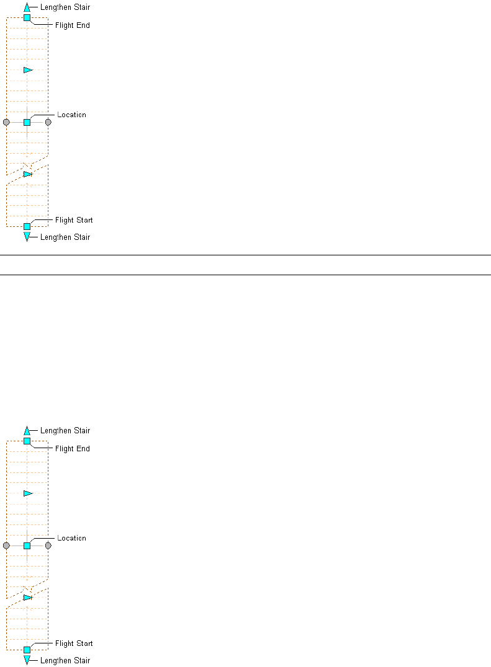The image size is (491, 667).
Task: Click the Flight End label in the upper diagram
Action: pyautogui.click(x=73, y=25)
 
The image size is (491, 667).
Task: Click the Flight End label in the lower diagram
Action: pyautogui.click(x=73, y=449)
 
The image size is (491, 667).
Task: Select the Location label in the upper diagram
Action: pyautogui.click(x=71, y=115)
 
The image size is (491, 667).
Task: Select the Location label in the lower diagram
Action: pyautogui.click(x=71, y=538)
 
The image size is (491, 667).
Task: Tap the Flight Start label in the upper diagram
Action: pyautogui.click(x=74, y=220)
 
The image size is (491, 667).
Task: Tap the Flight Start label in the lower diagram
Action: pyautogui.click(x=74, y=643)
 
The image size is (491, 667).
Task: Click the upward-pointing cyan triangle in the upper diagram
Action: pyautogui.click(x=27, y=8)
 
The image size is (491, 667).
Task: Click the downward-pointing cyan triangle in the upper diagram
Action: pyautogui.click(x=27, y=237)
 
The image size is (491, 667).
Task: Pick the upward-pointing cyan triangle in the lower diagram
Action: pyautogui.click(x=27, y=431)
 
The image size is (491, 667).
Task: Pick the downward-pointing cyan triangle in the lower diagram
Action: pyautogui.click(x=27, y=660)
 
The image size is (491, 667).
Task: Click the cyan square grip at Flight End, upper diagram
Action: pyautogui.click(x=27, y=18)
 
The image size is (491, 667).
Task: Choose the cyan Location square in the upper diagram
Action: pyautogui.click(x=27, y=122)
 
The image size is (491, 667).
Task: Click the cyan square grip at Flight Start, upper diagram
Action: pyautogui.click(x=27, y=226)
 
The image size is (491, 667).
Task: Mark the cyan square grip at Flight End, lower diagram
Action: pyautogui.click(x=27, y=441)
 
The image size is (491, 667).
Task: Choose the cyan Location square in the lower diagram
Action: pyautogui.click(x=27, y=546)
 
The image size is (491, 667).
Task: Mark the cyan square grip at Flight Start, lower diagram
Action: pyautogui.click(x=27, y=650)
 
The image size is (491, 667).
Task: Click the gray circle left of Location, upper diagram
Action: pyautogui.click(x=6, y=122)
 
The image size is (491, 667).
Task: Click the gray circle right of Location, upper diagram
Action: pyautogui.click(x=48, y=122)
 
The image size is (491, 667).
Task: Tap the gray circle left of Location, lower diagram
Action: pyautogui.click(x=6, y=546)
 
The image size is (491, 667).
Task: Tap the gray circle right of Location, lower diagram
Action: pyautogui.click(x=48, y=546)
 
